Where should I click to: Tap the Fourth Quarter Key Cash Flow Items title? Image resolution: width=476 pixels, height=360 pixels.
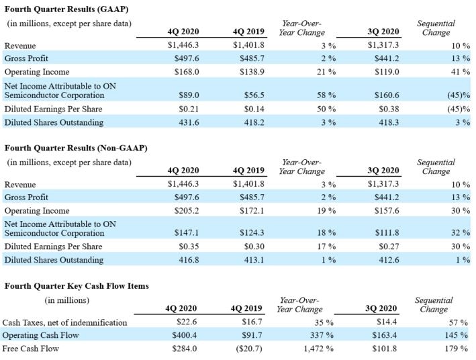77,285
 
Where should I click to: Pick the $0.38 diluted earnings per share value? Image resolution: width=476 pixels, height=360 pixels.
387,109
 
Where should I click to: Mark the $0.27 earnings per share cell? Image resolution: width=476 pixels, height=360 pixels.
387,247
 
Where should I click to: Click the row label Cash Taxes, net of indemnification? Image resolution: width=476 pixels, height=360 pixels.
64,322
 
